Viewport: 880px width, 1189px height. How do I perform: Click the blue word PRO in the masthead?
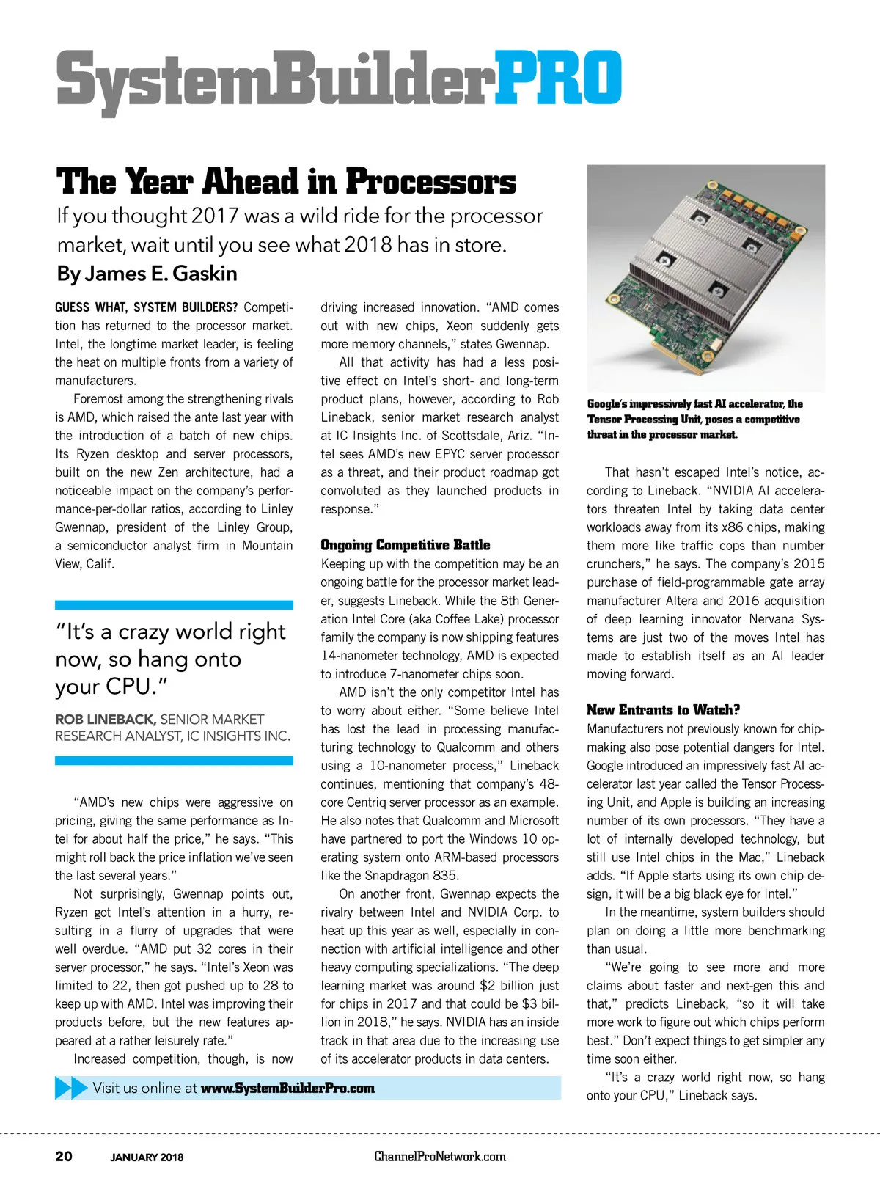[559, 78]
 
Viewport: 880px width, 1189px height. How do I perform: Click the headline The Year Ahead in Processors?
[286, 182]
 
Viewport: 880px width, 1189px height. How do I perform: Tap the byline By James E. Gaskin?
[147, 274]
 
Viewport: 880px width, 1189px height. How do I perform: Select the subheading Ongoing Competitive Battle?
[405, 545]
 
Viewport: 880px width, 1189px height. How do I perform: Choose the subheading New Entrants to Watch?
[663, 710]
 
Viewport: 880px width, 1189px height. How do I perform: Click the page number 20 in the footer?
[64, 1157]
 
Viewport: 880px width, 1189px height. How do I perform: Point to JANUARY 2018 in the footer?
[147, 1157]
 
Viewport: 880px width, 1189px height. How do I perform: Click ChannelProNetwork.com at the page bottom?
[440, 1157]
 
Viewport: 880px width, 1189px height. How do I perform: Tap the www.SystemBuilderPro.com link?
[287, 1089]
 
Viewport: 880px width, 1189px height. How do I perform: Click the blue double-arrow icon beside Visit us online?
[71, 1088]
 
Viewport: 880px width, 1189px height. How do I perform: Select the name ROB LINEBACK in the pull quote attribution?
[105, 720]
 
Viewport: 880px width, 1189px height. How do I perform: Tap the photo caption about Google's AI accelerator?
[694, 419]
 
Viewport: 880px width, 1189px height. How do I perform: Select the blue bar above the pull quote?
[174, 605]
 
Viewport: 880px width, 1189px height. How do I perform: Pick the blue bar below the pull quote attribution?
[174, 761]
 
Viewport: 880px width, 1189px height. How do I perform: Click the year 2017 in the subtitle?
[215, 216]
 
